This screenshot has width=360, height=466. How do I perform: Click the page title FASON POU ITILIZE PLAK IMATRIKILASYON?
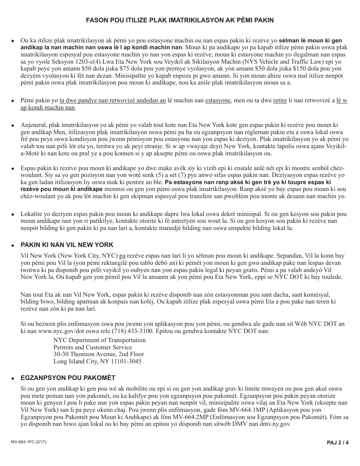180,20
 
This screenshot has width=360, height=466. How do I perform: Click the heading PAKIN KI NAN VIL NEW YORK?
67,245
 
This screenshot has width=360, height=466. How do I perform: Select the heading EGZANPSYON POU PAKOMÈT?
68,378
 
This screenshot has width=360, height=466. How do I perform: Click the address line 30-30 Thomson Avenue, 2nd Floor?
99,354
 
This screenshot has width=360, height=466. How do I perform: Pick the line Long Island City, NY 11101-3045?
97,361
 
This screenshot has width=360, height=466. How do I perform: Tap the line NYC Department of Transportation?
99,340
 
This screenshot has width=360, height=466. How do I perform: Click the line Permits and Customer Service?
92,347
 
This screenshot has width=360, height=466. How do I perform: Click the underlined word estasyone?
218,101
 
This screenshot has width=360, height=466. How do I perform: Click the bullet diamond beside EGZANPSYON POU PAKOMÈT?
13,378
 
